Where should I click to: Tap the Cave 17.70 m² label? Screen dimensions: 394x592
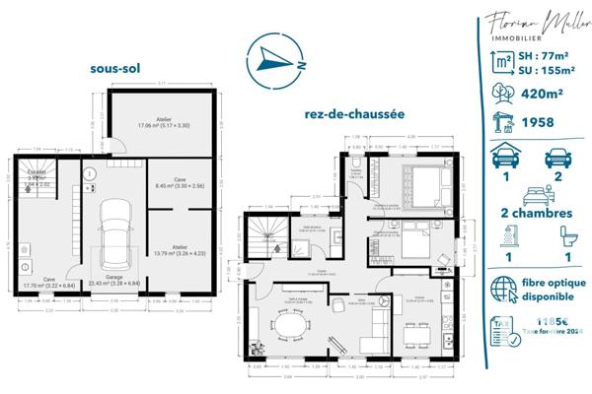pos(48,280)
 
